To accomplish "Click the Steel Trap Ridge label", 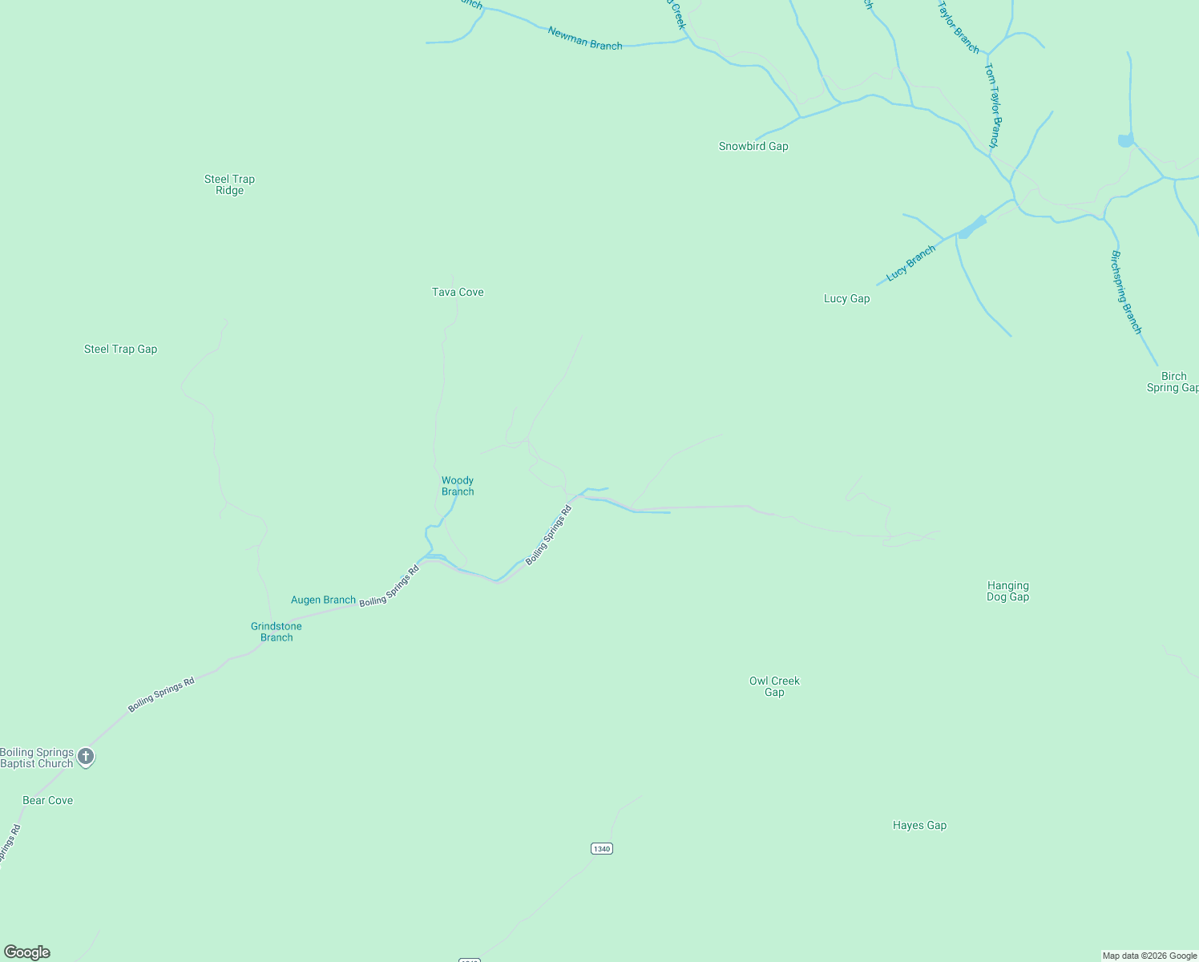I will tap(229, 184).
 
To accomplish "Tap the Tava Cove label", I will tap(458, 292).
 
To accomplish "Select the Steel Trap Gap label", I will tap(120, 349).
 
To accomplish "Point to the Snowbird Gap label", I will tap(753, 146).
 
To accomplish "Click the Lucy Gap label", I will tap(846, 298).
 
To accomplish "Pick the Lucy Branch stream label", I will tap(910, 263).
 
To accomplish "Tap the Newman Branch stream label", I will tap(585, 38).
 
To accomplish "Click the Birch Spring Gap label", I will tap(1173, 382).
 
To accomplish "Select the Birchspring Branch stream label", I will tap(1125, 293).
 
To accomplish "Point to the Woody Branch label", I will tap(458, 486).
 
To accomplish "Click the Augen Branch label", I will tap(323, 600).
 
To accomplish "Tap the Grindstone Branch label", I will tap(277, 632).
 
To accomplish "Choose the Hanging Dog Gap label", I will tap(1007, 591).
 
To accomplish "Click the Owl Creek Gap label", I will tap(774, 686).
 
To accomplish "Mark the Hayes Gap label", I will tap(919, 825).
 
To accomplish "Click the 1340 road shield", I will tap(602, 848).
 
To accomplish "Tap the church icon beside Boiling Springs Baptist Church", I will tap(86, 757).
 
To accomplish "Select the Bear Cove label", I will tap(47, 800).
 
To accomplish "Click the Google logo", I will tap(27, 952).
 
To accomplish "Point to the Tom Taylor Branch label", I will tap(992, 105).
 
